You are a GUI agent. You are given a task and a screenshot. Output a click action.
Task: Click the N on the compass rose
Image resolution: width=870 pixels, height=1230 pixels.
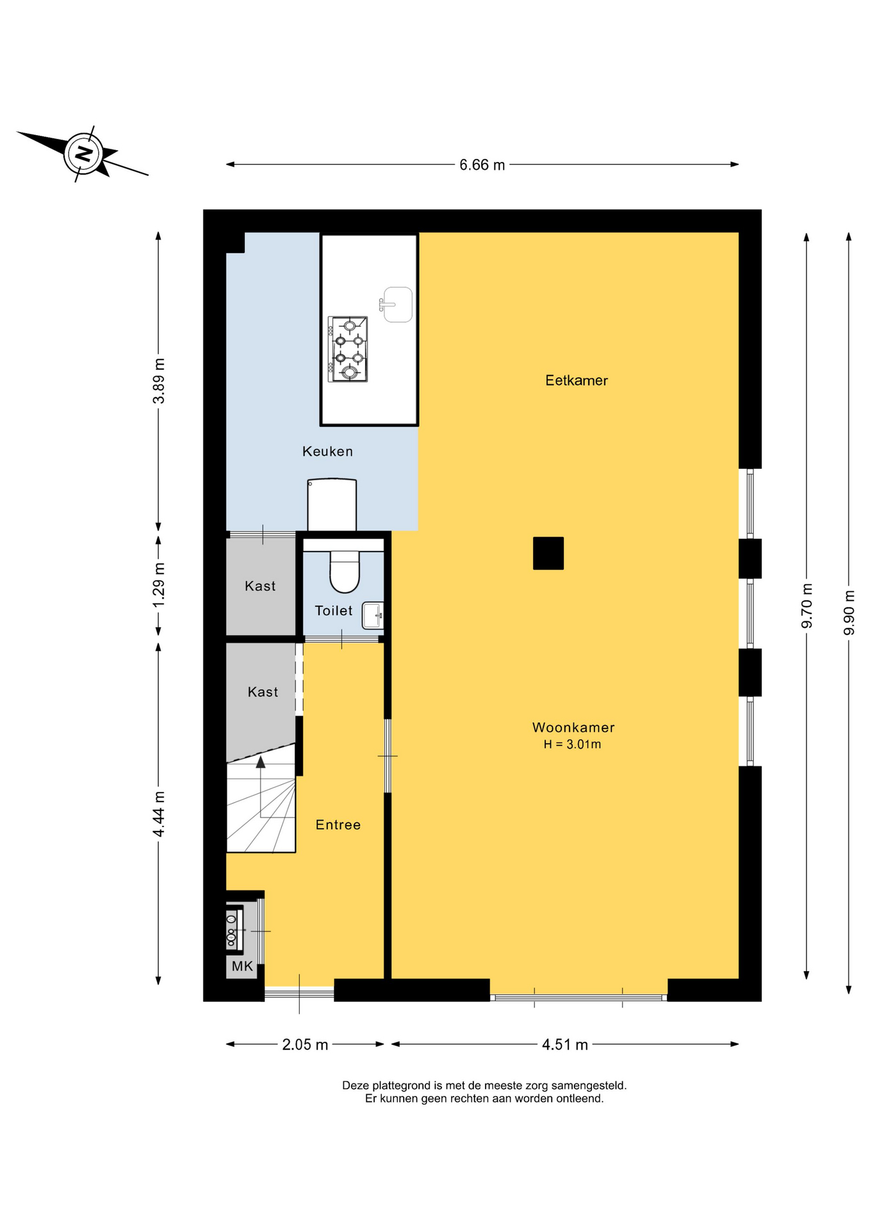[x=83, y=154]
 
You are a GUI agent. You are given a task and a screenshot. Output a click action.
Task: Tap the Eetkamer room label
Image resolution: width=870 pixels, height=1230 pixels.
[x=576, y=381]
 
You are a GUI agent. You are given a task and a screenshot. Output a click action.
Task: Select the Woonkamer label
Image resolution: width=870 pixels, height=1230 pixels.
[x=573, y=727]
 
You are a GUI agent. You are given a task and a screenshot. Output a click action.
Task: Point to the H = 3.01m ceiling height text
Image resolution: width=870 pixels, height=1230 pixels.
[x=572, y=744]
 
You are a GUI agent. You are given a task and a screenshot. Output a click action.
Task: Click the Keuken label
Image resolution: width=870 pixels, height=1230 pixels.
[x=327, y=452]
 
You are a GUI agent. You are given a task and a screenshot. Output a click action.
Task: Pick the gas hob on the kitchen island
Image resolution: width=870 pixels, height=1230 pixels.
[x=348, y=349]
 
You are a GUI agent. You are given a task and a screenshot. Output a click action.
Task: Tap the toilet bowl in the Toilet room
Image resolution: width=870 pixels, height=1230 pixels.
[x=345, y=570]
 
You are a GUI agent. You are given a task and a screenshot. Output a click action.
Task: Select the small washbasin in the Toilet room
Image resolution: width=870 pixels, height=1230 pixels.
[x=373, y=616]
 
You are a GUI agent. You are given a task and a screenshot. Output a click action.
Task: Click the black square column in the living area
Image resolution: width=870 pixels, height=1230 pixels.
[x=548, y=553]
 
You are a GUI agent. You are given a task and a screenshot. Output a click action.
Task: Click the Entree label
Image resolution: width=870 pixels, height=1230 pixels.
[x=338, y=825]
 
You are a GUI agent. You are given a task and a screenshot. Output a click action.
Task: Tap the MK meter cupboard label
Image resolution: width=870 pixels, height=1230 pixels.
[x=242, y=967]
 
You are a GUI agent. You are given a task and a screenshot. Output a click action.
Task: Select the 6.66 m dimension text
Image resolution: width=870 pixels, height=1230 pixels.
[x=482, y=165]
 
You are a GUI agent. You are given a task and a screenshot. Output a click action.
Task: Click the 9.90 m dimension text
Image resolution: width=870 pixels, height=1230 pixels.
[x=849, y=612]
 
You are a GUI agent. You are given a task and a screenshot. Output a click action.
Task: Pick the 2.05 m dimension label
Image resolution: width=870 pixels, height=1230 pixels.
[x=305, y=1045]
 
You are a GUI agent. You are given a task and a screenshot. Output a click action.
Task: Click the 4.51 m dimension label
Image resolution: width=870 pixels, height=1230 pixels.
[x=565, y=1045]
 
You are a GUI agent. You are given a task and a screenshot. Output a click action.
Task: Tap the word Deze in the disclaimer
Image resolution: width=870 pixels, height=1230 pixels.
[x=356, y=1086]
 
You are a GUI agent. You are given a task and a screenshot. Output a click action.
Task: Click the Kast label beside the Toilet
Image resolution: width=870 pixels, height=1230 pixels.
[x=260, y=586]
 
